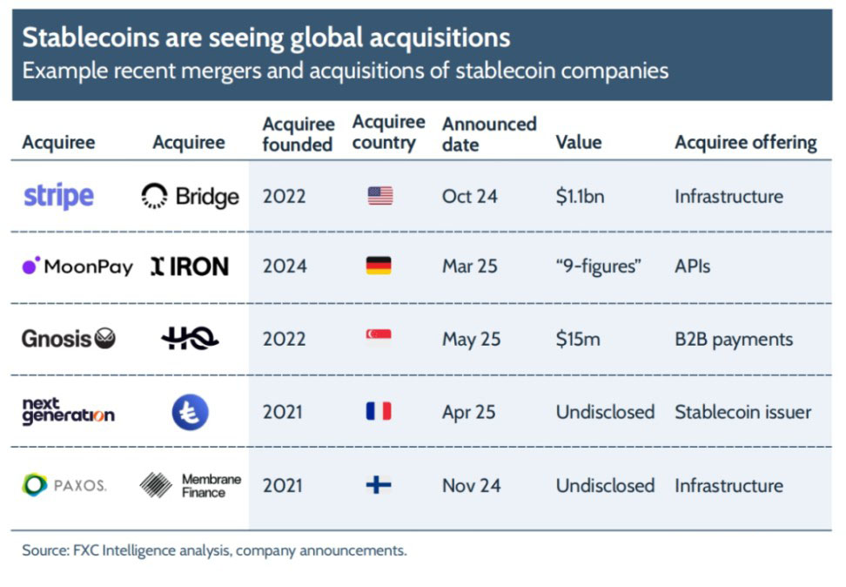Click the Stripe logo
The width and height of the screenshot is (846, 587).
pyautogui.click(x=58, y=196)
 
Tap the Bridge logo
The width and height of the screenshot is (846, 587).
pyautogui.click(x=190, y=197)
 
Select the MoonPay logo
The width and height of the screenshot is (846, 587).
pyautogui.click(x=77, y=267)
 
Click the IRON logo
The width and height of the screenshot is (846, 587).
pyautogui.click(x=189, y=267)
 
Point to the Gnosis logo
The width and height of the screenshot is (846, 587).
pyautogui.click(x=68, y=339)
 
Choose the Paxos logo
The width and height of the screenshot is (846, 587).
pyautogui.click(x=64, y=485)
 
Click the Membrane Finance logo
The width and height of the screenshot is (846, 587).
pyautogui.click(x=190, y=485)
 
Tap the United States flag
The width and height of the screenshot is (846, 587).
pyautogui.click(x=379, y=196)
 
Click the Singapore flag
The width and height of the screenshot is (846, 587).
pyautogui.click(x=379, y=339)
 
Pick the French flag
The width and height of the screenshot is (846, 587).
pyautogui.click(x=379, y=411)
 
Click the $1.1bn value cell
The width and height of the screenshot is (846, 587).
pyautogui.click(x=580, y=196)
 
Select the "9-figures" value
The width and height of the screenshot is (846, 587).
pyautogui.click(x=598, y=267)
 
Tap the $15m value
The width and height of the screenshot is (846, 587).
pyautogui.click(x=578, y=339)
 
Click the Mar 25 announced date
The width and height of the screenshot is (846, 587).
pyautogui.click(x=469, y=267)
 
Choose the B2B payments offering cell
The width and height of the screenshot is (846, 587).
pyautogui.click(x=734, y=339)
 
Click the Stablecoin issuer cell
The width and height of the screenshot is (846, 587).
pyautogui.click(x=742, y=412)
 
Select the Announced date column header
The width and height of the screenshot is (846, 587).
pyautogui.click(x=488, y=134)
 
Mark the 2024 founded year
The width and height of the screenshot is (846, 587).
pyautogui.click(x=284, y=267)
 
